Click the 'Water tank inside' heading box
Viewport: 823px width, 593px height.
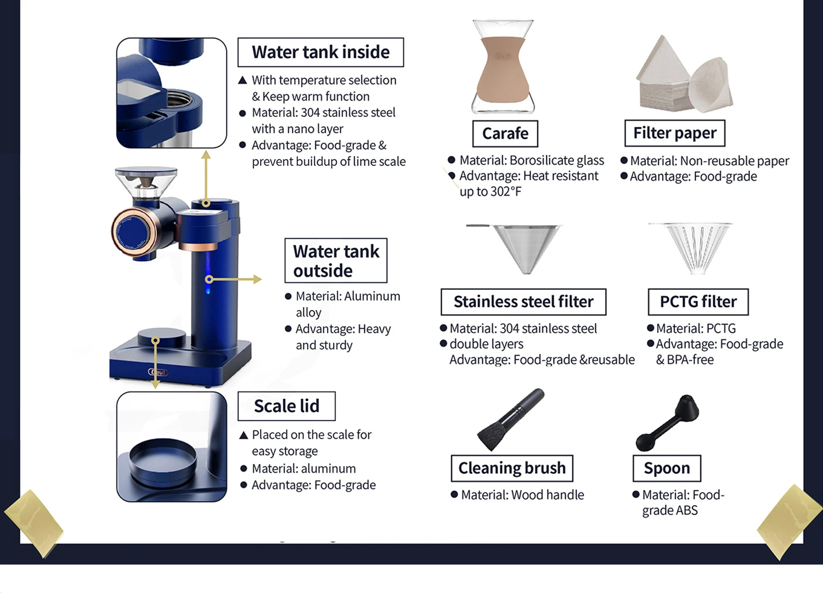point(320,52)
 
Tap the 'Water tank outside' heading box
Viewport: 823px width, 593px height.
point(336,261)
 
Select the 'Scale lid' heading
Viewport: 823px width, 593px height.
point(286,406)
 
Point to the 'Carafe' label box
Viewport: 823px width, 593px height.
point(505,133)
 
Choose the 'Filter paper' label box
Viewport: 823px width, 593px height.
point(675,133)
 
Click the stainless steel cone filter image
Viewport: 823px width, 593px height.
point(523,247)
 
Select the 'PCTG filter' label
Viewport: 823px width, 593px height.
point(698,301)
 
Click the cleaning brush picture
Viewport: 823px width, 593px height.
point(511,420)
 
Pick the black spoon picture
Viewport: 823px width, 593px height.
point(667,422)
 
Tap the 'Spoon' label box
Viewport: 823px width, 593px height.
point(667,468)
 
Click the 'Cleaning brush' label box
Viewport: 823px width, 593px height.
point(512,468)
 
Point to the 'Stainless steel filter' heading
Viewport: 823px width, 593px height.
point(523,301)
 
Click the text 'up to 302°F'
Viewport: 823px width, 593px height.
point(491,192)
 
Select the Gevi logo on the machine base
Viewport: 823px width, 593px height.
point(158,372)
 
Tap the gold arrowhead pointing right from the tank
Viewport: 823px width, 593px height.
point(257,279)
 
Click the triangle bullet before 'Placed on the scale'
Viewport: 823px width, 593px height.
point(244,435)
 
